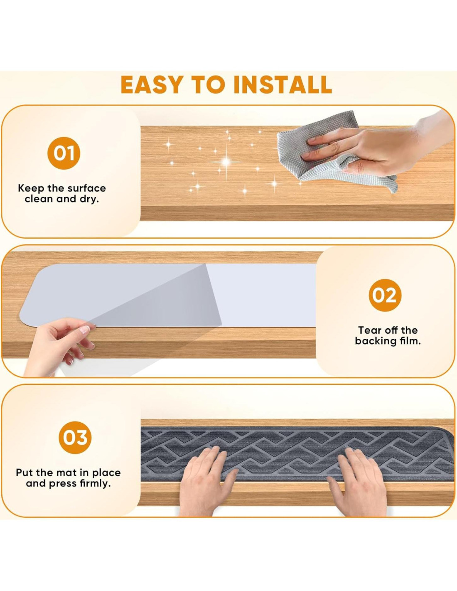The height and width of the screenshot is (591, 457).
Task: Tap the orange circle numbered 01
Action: tap(64, 153)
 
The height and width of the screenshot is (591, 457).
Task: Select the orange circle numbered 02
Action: tap(385, 295)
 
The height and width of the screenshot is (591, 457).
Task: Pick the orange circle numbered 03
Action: tap(75, 438)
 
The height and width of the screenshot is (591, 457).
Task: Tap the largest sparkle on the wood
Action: tap(226, 162)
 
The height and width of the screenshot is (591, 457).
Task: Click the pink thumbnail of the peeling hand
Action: tap(85, 330)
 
